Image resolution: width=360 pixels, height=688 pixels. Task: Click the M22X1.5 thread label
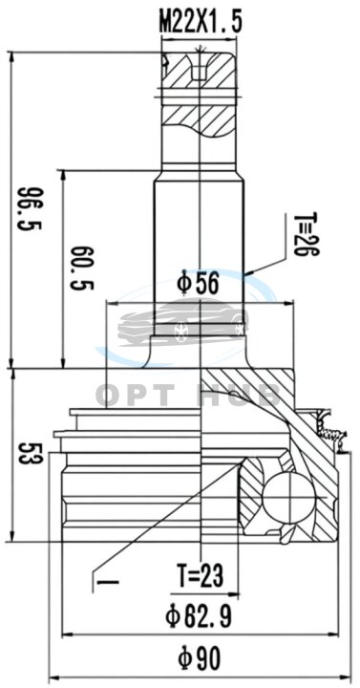point(201,23)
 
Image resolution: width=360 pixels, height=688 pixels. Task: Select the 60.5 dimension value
point(82,269)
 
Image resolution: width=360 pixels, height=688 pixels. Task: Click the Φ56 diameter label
point(198,284)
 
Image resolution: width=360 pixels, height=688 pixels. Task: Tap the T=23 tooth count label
point(200,575)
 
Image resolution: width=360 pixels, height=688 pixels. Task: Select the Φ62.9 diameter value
point(199,616)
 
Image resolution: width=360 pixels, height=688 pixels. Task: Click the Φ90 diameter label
point(199,658)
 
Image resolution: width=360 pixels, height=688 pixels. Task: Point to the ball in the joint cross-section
point(288,498)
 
